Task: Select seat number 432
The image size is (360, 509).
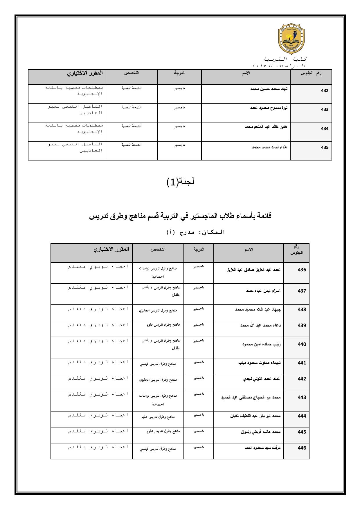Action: [324, 91]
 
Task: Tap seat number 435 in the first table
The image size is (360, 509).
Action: [324, 147]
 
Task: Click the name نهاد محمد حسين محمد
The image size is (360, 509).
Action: [269, 89]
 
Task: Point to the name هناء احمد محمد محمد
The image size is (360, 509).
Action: [269, 147]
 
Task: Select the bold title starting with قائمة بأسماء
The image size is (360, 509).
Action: [180, 216]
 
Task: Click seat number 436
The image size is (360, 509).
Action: [302, 270]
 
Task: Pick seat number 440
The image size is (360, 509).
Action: [302, 344]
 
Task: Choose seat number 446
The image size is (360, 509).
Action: [302, 448]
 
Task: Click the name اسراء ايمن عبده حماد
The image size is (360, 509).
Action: [263, 291]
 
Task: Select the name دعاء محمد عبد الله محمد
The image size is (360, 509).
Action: [260, 325]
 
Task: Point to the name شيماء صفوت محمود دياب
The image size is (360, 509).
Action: [259, 363]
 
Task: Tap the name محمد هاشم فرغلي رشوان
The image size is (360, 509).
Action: [261, 432]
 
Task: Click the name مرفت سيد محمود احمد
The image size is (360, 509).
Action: [263, 448]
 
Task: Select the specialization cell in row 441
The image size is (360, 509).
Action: [158, 364]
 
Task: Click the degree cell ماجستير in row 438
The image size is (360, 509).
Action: [199, 309]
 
